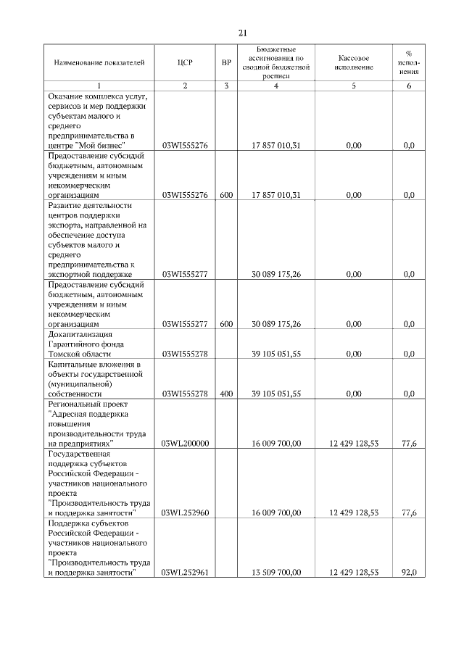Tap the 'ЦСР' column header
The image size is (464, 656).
(185, 62)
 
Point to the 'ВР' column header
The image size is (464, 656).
(226, 62)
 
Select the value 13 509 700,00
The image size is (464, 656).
(275, 573)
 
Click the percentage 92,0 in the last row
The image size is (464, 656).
(409, 573)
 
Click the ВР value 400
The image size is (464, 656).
(226, 393)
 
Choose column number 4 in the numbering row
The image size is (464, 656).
(275, 86)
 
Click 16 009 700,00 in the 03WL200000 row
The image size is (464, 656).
(275, 443)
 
